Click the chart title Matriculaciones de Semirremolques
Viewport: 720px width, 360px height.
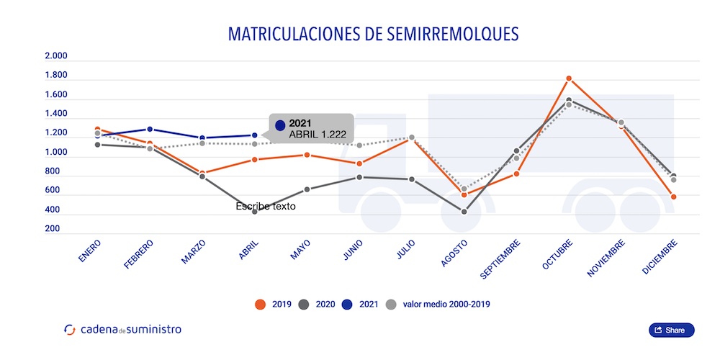373,34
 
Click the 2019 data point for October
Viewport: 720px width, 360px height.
569,78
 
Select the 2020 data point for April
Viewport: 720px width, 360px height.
255,212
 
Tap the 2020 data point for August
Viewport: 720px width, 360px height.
464,212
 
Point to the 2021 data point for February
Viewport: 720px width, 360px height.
150,129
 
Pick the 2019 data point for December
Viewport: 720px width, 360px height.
673,197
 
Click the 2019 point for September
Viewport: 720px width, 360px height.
516,174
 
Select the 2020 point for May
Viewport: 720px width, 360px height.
307,189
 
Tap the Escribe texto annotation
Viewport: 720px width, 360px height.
266,207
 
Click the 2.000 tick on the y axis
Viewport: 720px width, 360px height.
55,56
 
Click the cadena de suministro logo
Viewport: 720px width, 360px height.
122,330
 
